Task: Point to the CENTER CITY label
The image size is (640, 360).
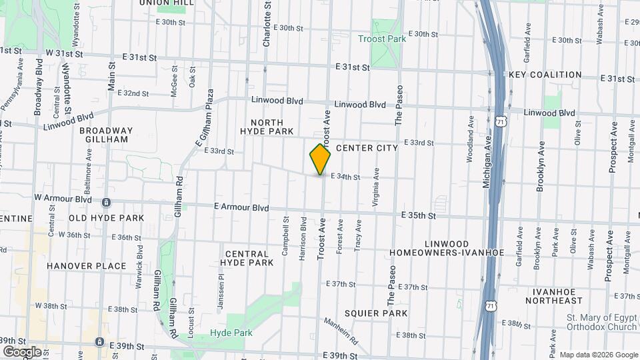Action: pos(367,147)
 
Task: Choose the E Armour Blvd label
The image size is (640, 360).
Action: pos(241,208)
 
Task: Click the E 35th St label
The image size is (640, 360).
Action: pos(419,215)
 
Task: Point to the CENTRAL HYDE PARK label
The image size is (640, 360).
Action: pos(247,258)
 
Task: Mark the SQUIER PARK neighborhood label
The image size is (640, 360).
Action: pos(376,313)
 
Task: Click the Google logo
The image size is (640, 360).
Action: pos(21,351)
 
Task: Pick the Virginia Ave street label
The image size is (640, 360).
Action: pos(377,188)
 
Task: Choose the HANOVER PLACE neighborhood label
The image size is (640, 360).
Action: pos(86,265)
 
